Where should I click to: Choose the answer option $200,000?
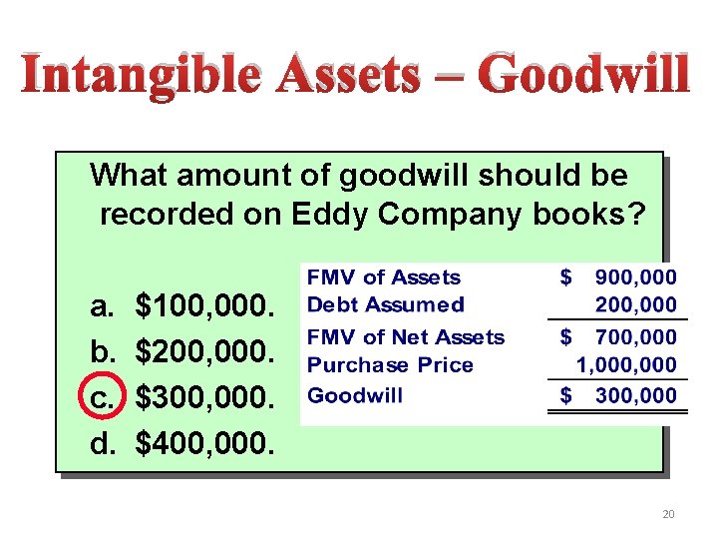pos(203,349)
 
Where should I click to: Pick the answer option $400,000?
pos(203,441)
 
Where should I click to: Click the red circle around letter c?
pos(104,396)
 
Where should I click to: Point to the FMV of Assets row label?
pos(384,277)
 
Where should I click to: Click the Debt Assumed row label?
pos(386,304)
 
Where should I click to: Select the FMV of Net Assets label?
pos(406,337)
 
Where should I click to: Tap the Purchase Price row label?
pos(390,365)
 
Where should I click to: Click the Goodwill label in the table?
pos(355,395)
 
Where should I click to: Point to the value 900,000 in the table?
pos(635,277)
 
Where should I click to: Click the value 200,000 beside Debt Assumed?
pos(635,304)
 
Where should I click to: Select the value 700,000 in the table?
pos(635,337)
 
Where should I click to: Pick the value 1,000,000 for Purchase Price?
pos(626,365)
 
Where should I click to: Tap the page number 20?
pos(668,514)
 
